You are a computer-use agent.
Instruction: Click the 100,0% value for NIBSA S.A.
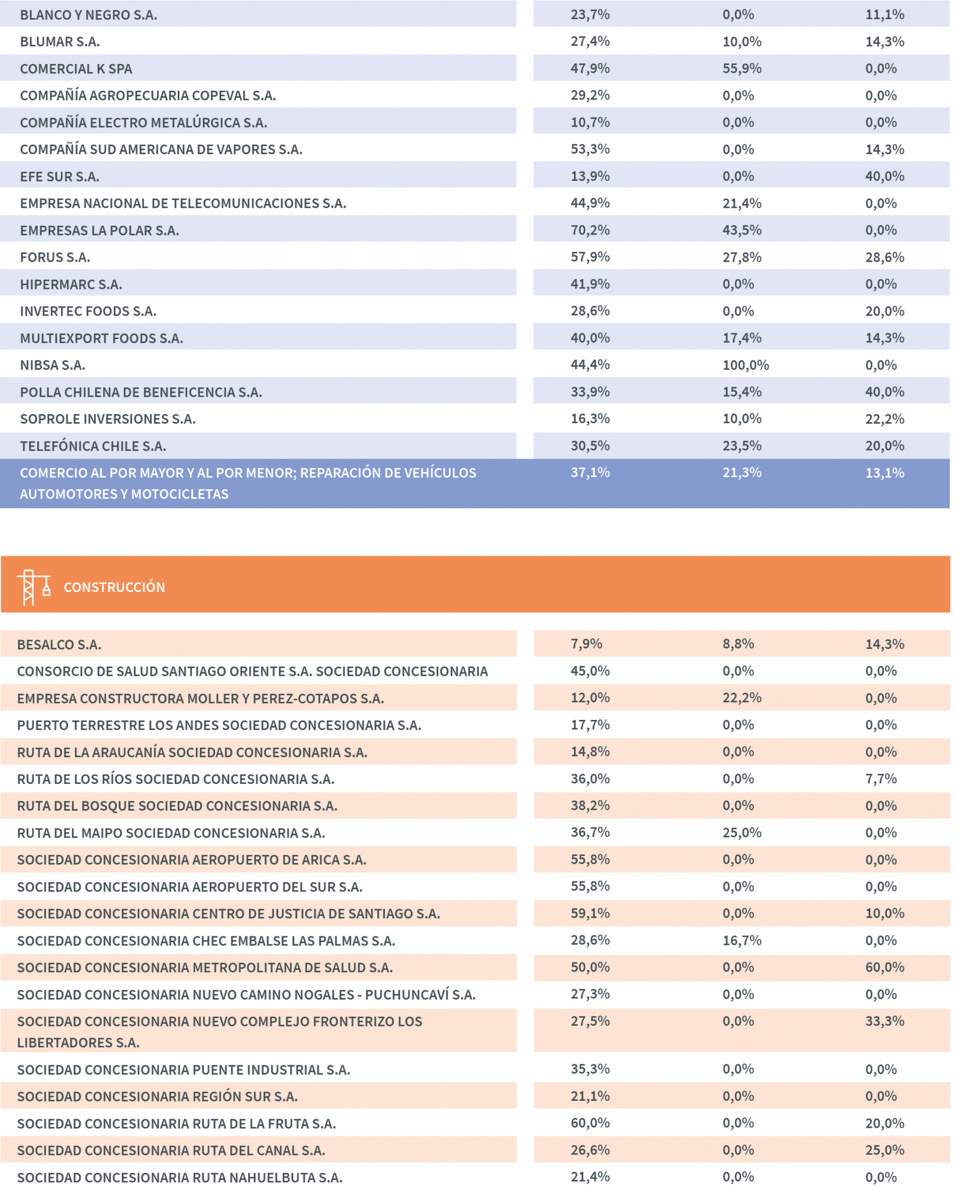click(x=746, y=365)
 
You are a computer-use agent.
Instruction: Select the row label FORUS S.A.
click(x=55, y=258)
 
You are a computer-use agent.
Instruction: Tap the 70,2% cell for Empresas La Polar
click(x=590, y=230)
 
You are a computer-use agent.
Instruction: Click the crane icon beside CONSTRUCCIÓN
click(x=34, y=587)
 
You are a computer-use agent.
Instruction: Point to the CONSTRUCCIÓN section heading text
click(x=115, y=587)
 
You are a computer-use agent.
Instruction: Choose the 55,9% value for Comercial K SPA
click(x=742, y=69)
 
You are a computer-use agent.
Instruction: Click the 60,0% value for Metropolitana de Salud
click(x=885, y=967)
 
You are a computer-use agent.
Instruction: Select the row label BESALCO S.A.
click(x=59, y=644)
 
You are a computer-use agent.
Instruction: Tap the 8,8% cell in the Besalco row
click(x=738, y=644)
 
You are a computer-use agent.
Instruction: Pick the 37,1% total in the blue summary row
click(x=590, y=473)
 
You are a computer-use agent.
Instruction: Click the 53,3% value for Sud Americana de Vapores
click(x=590, y=149)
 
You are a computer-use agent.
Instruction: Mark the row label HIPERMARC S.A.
click(x=71, y=284)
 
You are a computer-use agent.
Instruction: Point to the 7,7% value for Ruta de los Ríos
click(x=881, y=779)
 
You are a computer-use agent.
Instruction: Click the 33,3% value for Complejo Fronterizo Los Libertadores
click(x=885, y=1021)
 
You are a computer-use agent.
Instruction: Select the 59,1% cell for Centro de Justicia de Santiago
click(x=590, y=913)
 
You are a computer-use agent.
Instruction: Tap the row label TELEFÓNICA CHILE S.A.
click(x=93, y=446)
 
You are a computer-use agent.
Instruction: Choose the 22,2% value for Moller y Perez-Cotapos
click(x=742, y=698)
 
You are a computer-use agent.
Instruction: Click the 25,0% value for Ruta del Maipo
click(x=742, y=833)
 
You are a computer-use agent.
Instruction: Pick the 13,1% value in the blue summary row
click(x=885, y=473)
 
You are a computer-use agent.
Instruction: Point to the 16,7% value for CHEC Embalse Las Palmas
click(x=742, y=940)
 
